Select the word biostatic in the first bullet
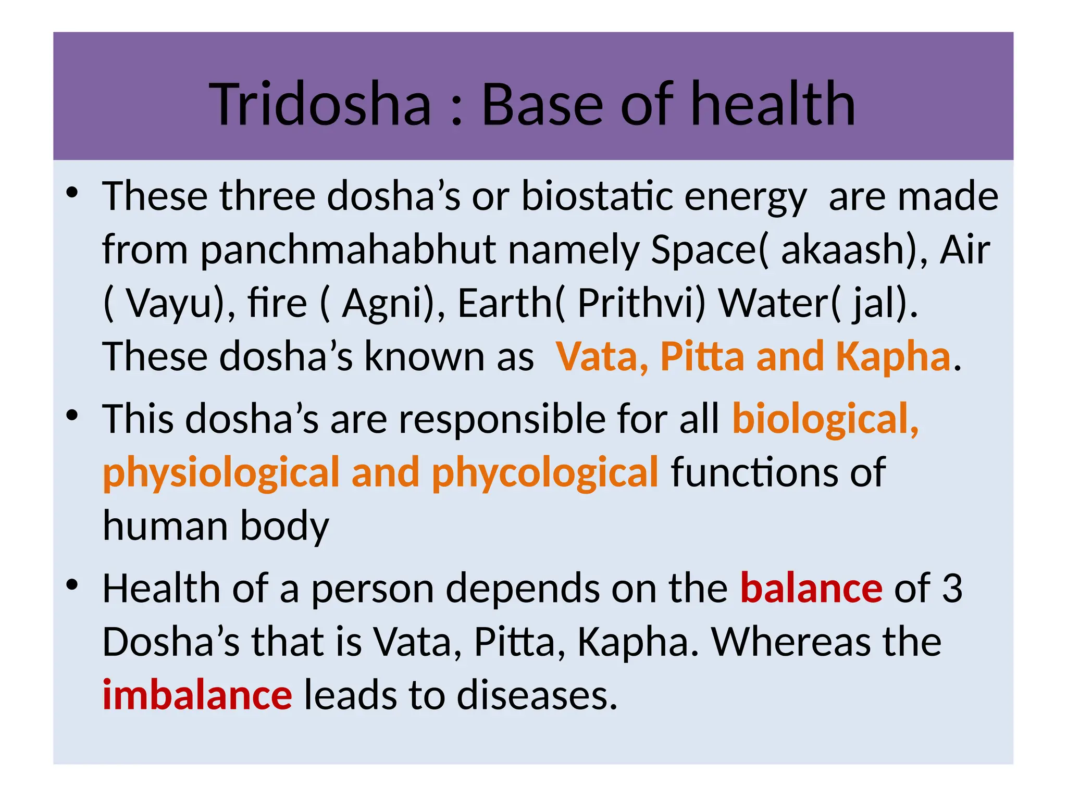click(596, 196)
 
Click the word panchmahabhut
click(349, 250)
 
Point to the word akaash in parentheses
click(839, 250)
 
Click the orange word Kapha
click(893, 357)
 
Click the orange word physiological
click(221, 472)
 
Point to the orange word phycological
click(545, 472)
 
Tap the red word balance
click(811, 589)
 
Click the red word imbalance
click(197, 695)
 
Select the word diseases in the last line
click(537, 695)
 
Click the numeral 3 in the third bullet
click(952, 589)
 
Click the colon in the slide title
click(456, 110)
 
